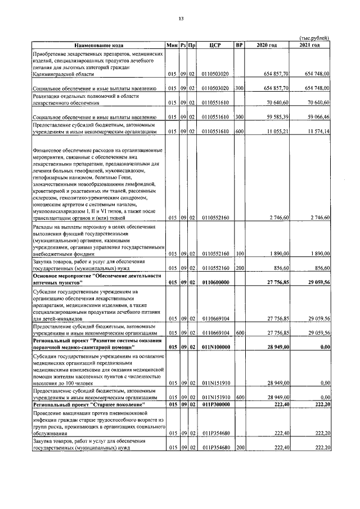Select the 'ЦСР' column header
click(x=213, y=44)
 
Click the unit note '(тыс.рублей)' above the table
click(x=314, y=38)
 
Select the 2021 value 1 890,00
click(x=318, y=254)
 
